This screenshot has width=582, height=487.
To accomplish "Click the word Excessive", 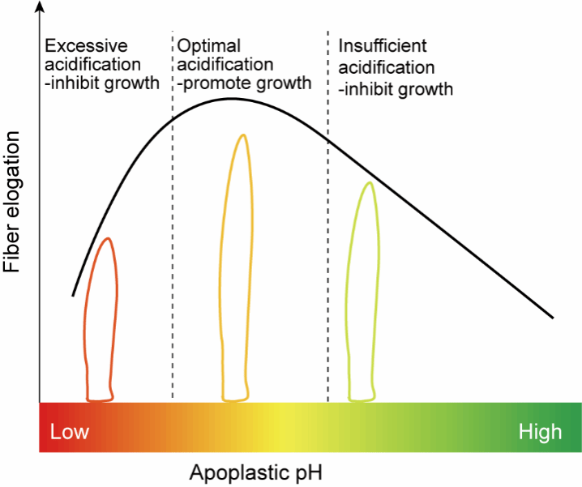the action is [x=86, y=46].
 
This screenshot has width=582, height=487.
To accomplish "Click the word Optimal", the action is [x=209, y=47].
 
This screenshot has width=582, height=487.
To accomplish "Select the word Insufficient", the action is [x=383, y=46].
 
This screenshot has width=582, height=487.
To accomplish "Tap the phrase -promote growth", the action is [x=244, y=83].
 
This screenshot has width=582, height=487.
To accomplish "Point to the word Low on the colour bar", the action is [x=70, y=432].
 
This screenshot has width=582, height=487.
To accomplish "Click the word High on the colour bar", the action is [x=540, y=433].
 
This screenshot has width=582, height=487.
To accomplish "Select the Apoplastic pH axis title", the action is [x=255, y=473].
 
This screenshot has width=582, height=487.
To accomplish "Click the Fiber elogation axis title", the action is [x=11, y=202].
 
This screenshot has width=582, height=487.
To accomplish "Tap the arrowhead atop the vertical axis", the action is [x=40, y=6].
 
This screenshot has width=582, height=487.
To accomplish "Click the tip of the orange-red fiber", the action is [x=109, y=238].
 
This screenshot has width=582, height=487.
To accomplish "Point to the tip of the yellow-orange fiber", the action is [x=243, y=135].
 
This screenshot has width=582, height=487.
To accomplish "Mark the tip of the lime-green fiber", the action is [x=370, y=182].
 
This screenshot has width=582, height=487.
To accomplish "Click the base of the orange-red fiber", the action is [x=100, y=399].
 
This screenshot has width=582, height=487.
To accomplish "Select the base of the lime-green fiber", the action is [x=362, y=399].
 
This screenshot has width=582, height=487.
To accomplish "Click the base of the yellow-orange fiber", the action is [x=235, y=399].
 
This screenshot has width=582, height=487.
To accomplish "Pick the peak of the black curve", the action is [x=232, y=99].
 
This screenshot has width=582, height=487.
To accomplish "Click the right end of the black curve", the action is [x=553, y=318].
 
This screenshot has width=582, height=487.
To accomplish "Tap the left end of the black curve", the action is [x=73, y=296].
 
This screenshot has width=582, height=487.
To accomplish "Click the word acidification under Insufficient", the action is [x=387, y=68].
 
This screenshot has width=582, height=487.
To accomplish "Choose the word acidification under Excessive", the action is [x=92, y=65].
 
